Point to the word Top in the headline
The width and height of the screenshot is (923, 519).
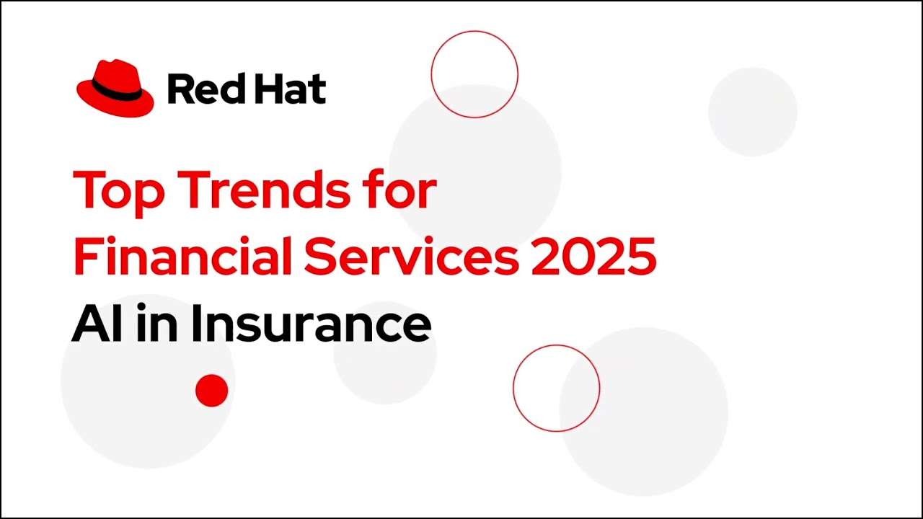118,191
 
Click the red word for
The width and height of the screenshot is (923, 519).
396,190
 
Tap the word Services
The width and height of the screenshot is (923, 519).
411,257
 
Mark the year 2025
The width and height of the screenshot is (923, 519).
593,257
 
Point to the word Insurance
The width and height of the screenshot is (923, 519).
310,324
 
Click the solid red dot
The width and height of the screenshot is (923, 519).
211,391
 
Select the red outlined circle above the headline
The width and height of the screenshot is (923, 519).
474,74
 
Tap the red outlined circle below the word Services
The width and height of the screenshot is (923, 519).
556,389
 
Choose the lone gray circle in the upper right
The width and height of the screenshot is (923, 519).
752,112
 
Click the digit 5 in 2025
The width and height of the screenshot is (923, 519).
640,257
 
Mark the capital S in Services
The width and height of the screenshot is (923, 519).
319,257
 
